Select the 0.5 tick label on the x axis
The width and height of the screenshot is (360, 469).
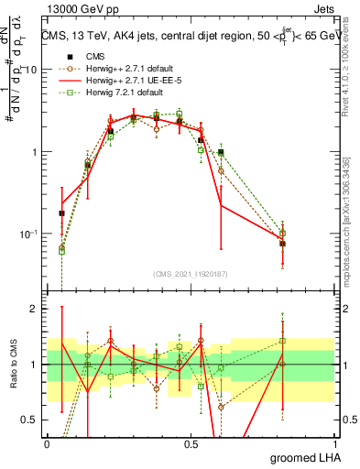click(191, 442)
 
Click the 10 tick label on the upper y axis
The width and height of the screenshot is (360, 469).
click(32, 71)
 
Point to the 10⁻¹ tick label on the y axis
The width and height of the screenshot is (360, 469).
click(30, 234)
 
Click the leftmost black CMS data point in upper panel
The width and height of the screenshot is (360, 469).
click(61, 213)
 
